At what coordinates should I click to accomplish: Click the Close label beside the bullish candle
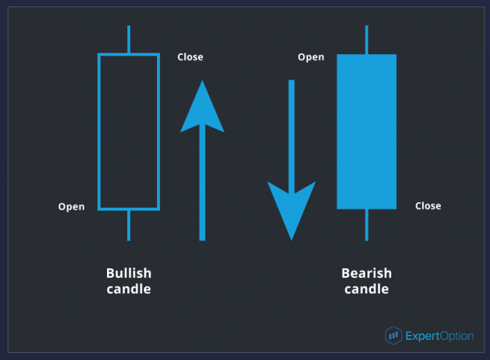[x=190, y=57]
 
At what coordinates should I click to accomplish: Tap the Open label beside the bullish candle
[x=72, y=206]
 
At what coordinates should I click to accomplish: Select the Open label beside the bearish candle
[x=311, y=57]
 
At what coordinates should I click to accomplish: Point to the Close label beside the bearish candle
[x=428, y=206]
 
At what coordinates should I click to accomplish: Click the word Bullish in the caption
[x=129, y=273]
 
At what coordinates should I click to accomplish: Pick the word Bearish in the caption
[x=366, y=273]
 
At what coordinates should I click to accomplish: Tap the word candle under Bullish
[x=129, y=289]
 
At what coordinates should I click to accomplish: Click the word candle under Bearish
[x=366, y=289]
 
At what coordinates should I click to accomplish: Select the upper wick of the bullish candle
[x=129, y=40]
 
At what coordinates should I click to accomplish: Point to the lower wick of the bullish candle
[x=129, y=225]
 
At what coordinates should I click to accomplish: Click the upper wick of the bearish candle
[x=366, y=40]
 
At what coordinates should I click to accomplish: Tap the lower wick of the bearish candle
[x=366, y=224]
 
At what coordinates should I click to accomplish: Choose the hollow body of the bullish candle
[x=99, y=131]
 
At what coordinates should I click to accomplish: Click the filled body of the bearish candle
[x=366, y=131]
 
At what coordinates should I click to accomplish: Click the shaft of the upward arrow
[x=202, y=183]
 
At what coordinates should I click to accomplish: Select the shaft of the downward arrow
[x=291, y=137]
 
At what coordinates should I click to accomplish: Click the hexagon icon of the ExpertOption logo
[x=393, y=335]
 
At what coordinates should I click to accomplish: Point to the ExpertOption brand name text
[x=439, y=336]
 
